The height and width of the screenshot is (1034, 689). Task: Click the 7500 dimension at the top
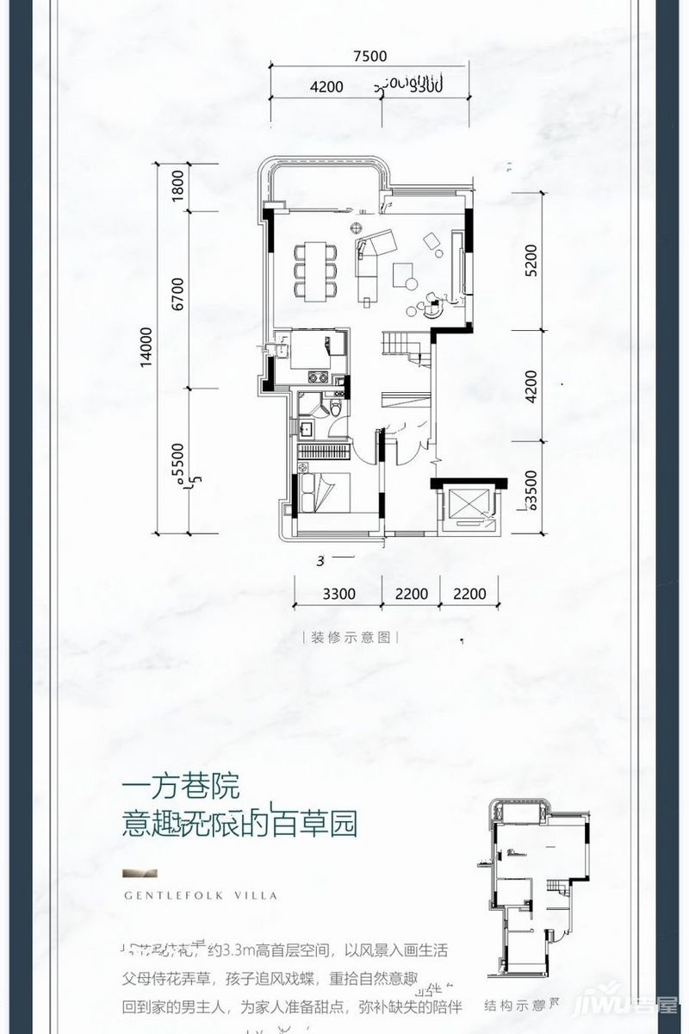click(x=369, y=57)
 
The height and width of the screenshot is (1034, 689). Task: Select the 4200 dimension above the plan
click(x=326, y=86)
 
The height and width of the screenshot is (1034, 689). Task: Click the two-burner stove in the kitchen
click(x=315, y=377)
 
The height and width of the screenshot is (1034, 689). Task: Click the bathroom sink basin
click(x=306, y=427)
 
